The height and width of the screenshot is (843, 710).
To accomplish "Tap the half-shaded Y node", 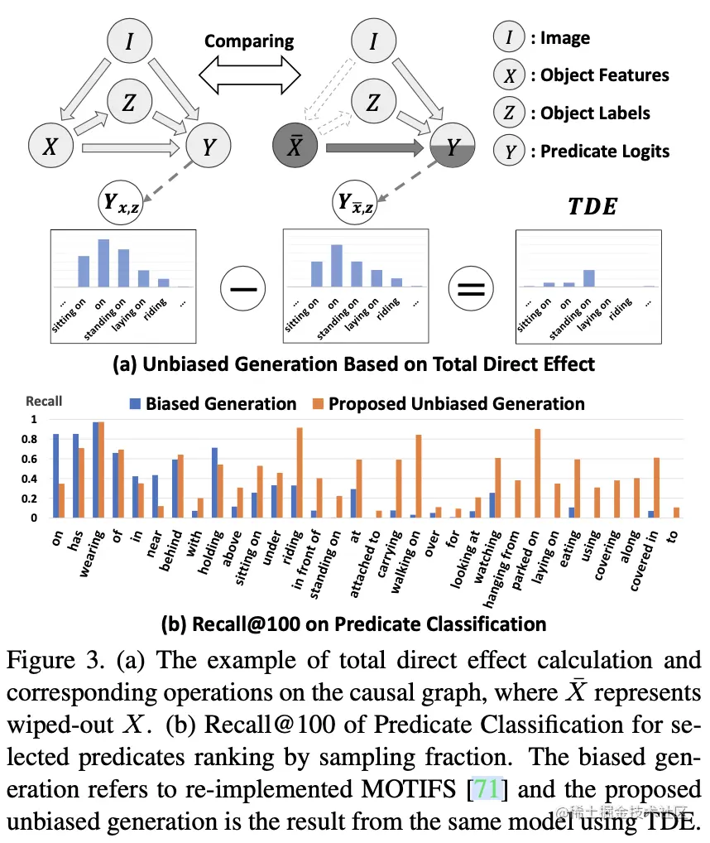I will coord(452,147).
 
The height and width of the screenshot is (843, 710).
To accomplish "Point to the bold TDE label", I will coord(592,207).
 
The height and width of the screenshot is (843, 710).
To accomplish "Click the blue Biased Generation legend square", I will coord(134,404).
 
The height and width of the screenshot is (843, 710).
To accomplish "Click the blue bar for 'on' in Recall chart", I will coord(56,476).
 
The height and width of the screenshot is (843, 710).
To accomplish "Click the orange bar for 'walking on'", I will coord(419,476).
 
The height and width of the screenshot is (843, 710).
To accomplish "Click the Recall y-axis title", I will coord(44,402).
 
